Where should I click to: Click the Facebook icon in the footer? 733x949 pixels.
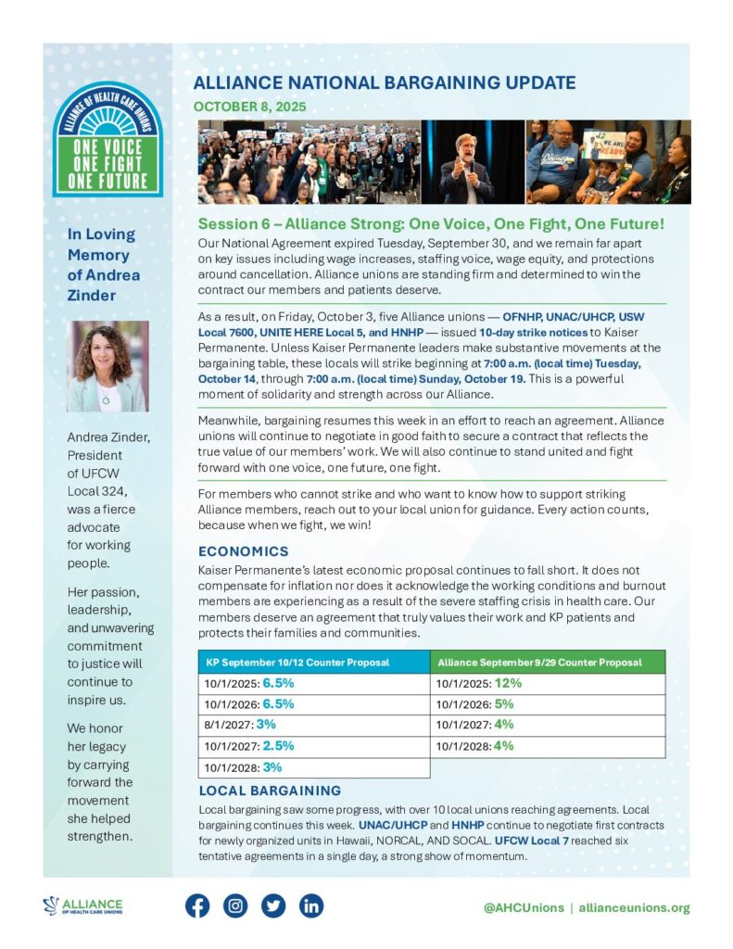click(x=197, y=906)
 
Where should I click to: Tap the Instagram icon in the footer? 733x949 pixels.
click(x=235, y=906)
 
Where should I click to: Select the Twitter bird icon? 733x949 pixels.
click(x=273, y=906)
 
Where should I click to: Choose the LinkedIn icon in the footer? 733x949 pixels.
click(x=311, y=906)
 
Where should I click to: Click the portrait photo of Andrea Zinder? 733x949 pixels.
click(x=107, y=366)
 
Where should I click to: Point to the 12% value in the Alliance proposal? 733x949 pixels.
click(x=508, y=683)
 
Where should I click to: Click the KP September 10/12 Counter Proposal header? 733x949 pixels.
click(x=297, y=662)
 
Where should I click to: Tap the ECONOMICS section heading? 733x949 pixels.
click(x=244, y=550)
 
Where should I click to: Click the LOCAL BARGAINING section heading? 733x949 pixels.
click(x=270, y=791)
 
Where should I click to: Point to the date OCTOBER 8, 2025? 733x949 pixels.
click(x=249, y=107)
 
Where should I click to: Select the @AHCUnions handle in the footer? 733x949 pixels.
click(x=524, y=907)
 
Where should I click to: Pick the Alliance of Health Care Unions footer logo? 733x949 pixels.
click(x=82, y=906)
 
